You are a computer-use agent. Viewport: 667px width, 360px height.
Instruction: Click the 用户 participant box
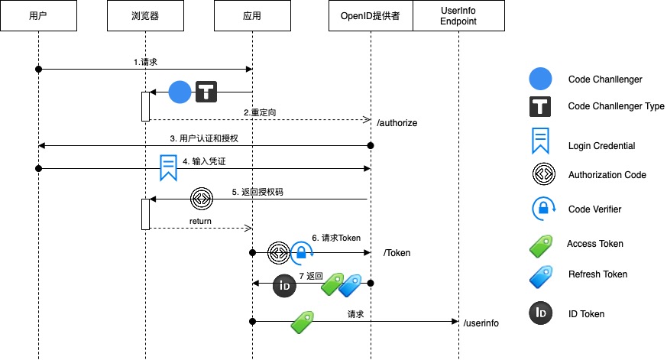[x=37, y=16]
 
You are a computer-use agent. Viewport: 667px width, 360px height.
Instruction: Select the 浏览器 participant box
[x=145, y=16]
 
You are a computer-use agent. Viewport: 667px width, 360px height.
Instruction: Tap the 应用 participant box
[x=252, y=16]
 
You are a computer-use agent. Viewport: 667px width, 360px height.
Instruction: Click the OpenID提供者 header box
[x=371, y=16]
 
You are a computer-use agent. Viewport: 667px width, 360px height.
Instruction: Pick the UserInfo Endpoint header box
[x=458, y=16]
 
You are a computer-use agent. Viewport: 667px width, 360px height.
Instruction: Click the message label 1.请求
[x=144, y=61]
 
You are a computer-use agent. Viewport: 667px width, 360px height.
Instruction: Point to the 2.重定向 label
[x=260, y=112]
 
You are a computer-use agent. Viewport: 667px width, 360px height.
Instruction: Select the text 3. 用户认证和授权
[x=203, y=138]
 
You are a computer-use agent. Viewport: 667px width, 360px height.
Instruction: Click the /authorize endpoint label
[x=397, y=122]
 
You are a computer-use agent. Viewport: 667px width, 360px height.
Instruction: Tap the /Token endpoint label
[x=397, y=252]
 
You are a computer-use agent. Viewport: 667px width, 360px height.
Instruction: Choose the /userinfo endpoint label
[x=481, y=323]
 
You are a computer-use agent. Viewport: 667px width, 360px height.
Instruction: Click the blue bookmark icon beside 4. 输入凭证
[x=168, y=167]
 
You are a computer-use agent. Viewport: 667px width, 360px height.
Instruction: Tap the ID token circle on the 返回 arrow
[x=284, y=285]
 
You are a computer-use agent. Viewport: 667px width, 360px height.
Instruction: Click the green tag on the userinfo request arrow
[x=303, y=323]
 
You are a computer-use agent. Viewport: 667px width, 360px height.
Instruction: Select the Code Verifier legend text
[x=595, y=209]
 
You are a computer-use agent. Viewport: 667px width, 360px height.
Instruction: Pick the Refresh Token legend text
[x=597, y=274]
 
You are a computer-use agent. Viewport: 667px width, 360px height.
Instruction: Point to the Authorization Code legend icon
[x=540, y=175]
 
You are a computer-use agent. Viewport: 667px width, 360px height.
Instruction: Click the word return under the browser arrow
[x=200, y=222]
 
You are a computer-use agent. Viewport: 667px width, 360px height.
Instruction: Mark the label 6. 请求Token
[x=335, y=238]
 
